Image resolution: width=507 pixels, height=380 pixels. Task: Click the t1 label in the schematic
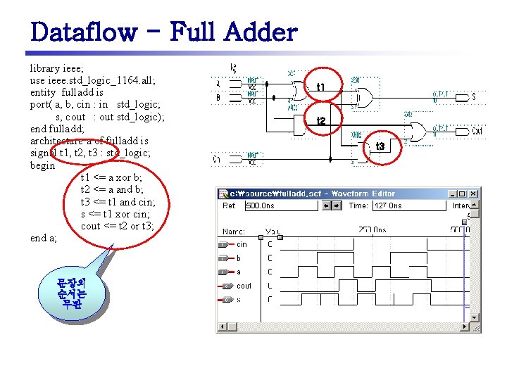[x=320, y=87]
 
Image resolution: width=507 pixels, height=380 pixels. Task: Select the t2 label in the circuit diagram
[x=321, y=121]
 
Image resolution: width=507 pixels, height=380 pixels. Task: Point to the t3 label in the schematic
[x=380, y=146]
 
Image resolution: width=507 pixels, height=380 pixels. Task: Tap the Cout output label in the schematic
[x=477, y=131]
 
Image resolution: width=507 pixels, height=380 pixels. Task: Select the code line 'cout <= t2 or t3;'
[x=117, y=226]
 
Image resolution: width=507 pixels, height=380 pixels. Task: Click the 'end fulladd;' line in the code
[x=58, y=129]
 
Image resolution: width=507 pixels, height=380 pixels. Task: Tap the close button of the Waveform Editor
[x=473, y=194]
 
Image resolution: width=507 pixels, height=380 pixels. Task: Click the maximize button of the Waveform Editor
[x=463, y=194]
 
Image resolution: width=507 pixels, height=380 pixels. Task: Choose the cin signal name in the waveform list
[x=242, y=244]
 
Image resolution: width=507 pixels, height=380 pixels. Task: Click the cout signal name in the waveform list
[x=244, y=286]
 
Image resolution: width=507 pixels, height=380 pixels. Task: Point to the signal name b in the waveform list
[x=239, y=258]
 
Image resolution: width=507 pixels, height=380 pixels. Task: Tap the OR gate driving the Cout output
[x=418, y=131]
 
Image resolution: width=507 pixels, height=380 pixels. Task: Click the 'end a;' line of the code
[x=44, y=238]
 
